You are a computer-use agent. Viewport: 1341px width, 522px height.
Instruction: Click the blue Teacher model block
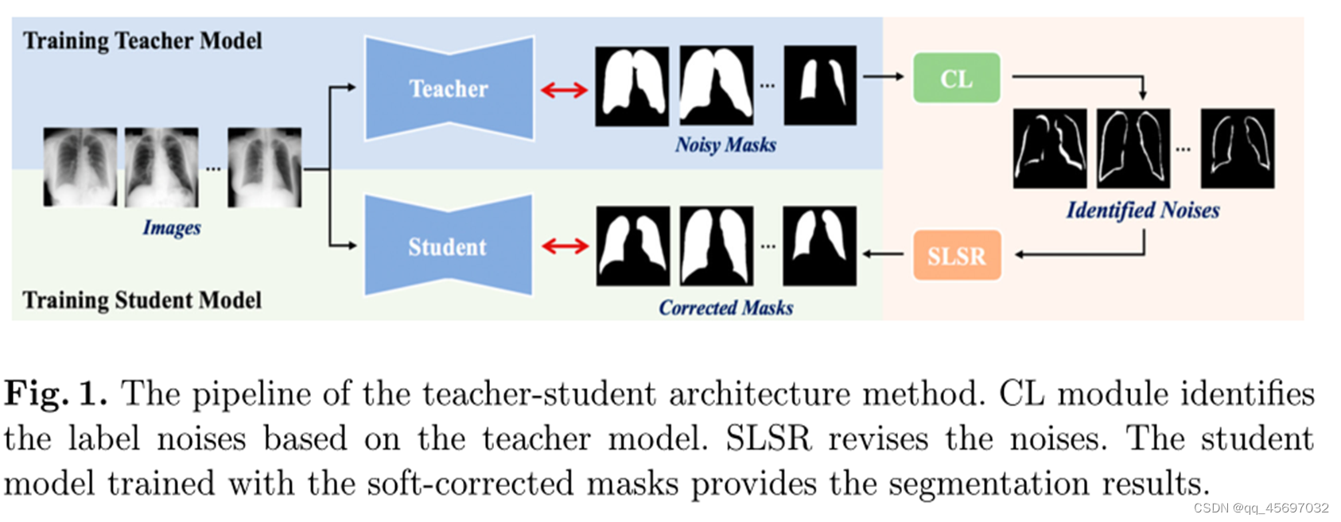coord(449,88)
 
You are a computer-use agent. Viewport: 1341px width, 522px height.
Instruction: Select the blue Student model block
coord(448,246)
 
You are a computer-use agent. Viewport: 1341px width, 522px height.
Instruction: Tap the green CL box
coord(956,78)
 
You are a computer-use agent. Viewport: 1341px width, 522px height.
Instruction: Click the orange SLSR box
coord(956,255)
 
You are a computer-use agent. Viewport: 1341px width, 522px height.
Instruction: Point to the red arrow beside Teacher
coord(564,90)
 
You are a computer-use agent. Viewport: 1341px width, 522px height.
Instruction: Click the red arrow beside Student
coord(565,246)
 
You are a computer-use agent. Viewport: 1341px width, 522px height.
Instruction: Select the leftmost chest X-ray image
coord(80,167)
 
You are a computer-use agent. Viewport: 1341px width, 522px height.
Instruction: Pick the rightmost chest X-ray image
coord(264,167)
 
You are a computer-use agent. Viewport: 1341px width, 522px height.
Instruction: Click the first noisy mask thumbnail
coord(632,86)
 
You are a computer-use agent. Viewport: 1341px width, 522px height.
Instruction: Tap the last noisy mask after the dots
coord(820,85)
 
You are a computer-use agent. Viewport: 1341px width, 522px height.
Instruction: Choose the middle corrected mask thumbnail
coord(716,246)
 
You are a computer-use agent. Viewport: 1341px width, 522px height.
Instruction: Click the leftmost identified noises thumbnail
coord(1050,149)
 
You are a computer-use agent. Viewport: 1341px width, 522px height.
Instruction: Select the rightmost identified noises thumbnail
coord(1237,149)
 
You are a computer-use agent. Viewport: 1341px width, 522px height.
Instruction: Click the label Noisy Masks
coord(725,145)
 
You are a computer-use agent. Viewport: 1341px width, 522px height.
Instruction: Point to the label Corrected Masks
coord(725,307)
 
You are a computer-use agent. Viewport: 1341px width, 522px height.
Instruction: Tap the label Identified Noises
coord(1142,210)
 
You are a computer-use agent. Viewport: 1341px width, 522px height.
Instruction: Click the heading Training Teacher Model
coord(142,41)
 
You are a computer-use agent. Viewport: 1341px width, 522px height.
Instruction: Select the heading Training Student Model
coord(142,300)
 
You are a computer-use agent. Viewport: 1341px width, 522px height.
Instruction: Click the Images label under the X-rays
coord(172,228)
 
